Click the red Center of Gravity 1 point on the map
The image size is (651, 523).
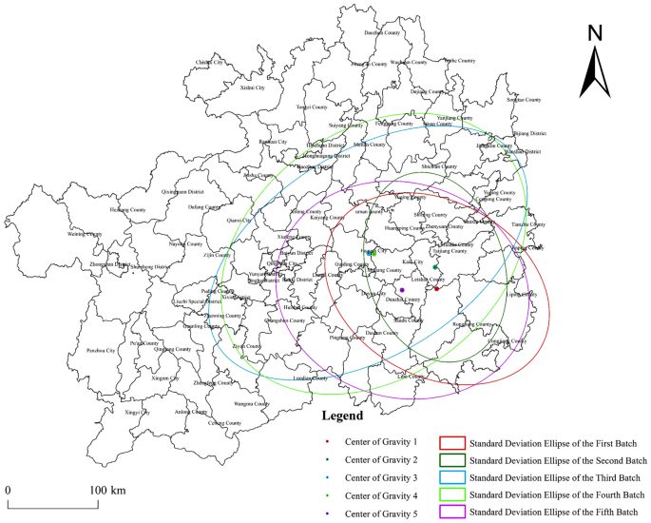[x=436, y=287]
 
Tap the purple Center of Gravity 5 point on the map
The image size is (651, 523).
[x=402, y=289]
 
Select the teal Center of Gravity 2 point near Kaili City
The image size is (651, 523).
[x=434, y=267]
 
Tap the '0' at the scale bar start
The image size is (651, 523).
[x=9, y=490]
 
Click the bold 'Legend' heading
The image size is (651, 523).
[x=341, y=416]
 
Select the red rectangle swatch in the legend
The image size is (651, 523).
[x=451, y=442]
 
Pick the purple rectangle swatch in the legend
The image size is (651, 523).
[x=451, y=513]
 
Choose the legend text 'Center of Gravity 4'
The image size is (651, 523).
[x=381, y=495]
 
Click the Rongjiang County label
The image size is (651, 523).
[x=471, y=324]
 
